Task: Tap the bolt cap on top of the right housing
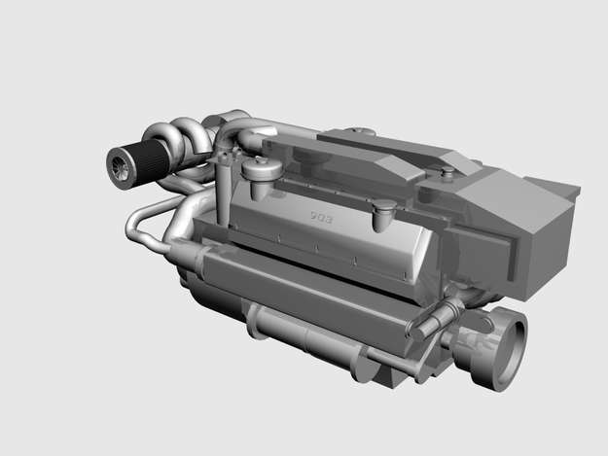click(447, 172)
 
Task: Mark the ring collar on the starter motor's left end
click(261, 321)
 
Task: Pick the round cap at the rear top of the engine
click(360, 130)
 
